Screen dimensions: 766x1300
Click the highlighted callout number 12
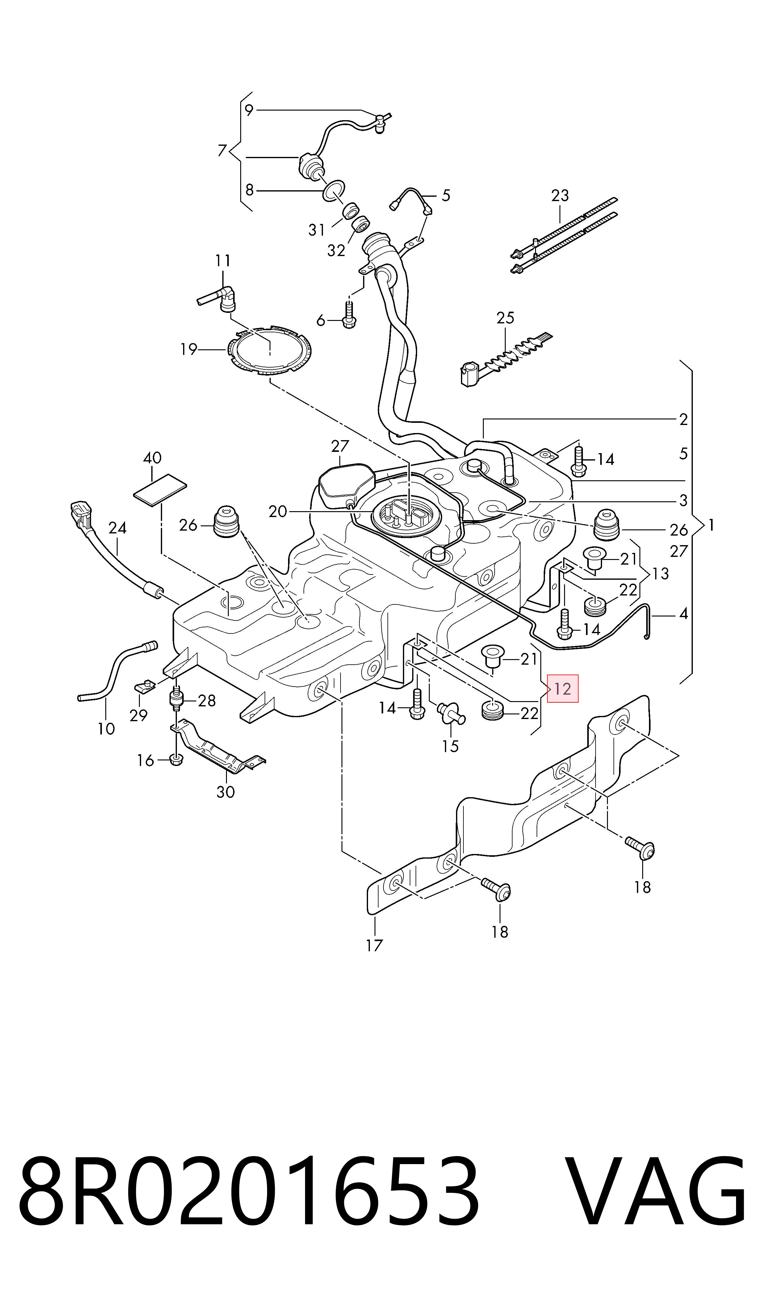click(x=563, y=689)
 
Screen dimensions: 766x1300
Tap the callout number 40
click(x=152, y=458)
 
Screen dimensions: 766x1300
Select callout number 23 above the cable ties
click(x=560, y=196)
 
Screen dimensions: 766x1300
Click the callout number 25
click(x=505, y=318)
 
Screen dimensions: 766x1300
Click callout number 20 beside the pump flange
click(x=278, y=512)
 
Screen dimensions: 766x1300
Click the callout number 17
click(x=374, y=945)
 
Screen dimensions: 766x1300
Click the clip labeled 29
click(x=145, y=687)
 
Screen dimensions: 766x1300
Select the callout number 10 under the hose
click(x=106, y=729)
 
